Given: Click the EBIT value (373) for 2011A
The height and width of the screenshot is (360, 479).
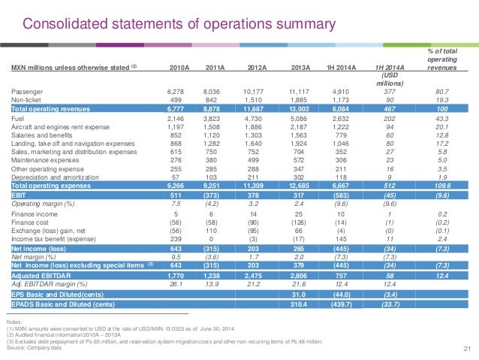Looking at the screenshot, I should [214, 194].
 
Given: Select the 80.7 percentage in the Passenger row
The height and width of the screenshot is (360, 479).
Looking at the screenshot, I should [447, 91].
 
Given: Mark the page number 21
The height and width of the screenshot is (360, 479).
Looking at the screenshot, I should [465, 348].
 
